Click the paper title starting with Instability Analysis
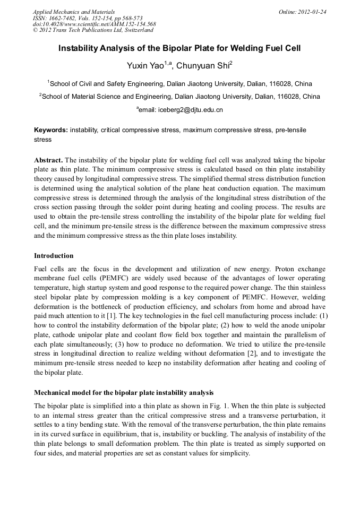coord(179,48)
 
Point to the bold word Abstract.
coord(48,160)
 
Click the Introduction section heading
coord(54,255)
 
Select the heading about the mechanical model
coord(124,393)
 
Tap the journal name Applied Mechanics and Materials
coord(74,12)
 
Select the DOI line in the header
coord(94,24)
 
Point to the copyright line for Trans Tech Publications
coord(93,31)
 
